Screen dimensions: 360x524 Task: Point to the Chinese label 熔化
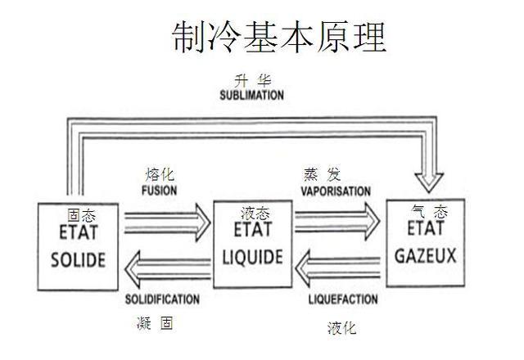click(160, 174)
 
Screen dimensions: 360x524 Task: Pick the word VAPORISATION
click(336, 191)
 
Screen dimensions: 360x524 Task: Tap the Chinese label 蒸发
click(323, 174)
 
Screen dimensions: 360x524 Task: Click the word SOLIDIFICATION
click(162, 299)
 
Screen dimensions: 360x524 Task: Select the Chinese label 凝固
click(156, 324)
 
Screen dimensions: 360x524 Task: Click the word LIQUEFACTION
click(342, 300)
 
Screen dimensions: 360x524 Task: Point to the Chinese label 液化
click(343, 328)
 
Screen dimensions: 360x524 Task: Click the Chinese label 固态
click(82, 215)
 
